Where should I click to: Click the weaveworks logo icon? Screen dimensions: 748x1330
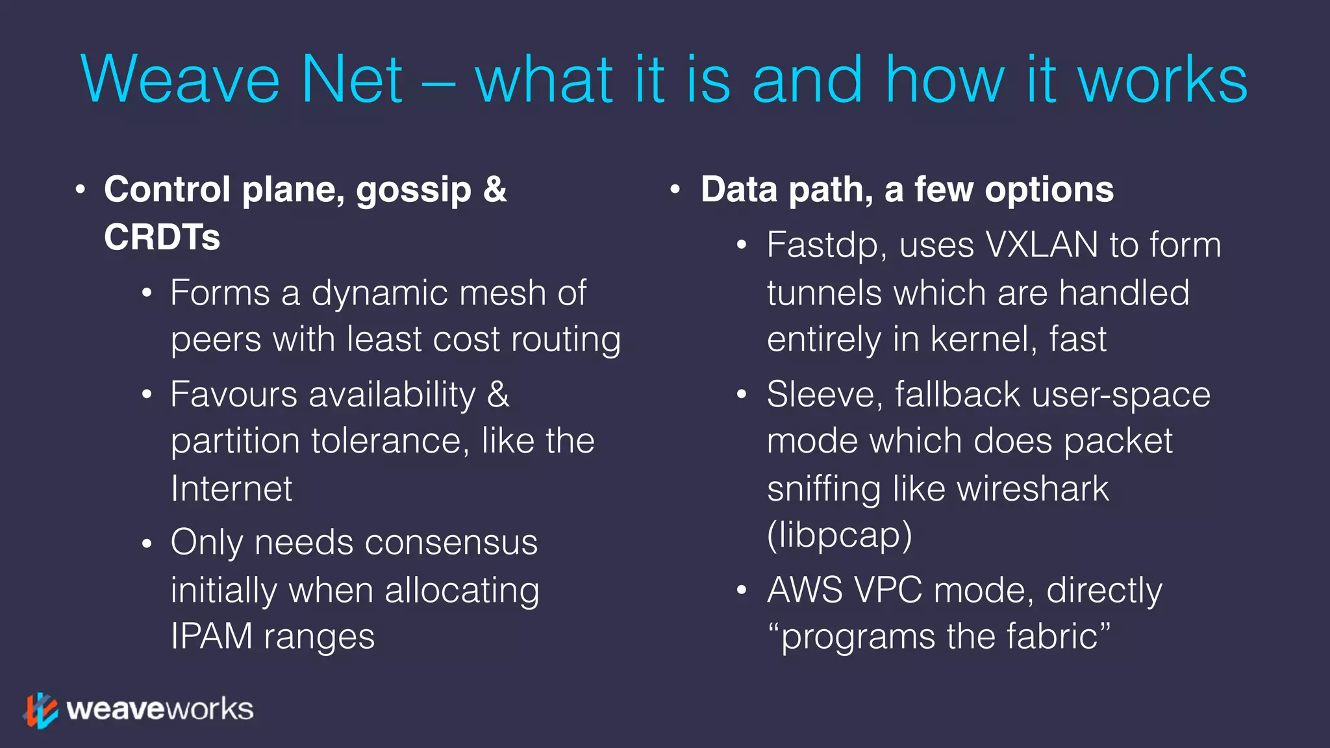41,710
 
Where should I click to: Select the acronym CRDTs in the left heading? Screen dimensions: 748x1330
162,237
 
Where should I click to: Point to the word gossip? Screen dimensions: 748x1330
413,190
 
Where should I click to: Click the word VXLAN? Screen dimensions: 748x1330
1041,245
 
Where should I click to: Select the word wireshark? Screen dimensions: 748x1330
1033,489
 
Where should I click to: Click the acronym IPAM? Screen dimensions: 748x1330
211,636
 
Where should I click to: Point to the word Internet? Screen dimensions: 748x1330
231,489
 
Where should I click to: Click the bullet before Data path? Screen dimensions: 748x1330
675,190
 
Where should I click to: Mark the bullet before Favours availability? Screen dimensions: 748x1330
147,395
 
